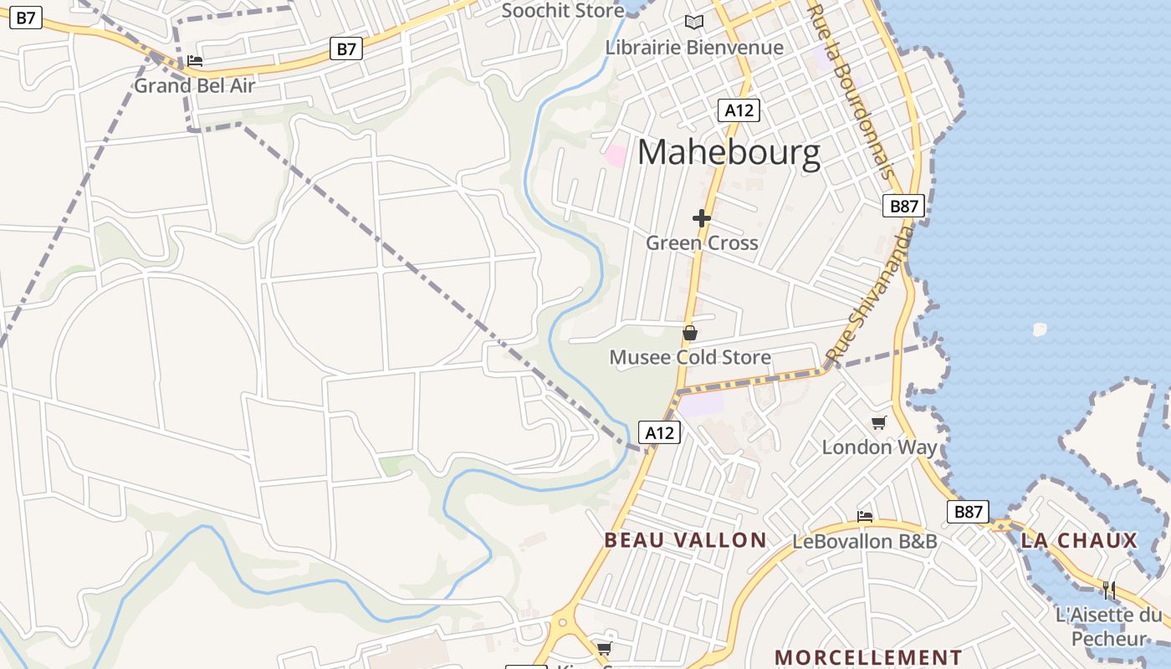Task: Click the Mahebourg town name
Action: [729, 154]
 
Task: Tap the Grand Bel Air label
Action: [194, 85]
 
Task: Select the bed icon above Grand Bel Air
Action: [195, 60]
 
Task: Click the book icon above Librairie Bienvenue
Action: [693, 23]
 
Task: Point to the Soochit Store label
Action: [562, 11]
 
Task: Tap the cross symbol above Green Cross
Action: [702, 218]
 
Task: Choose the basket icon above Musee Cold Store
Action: [690, 333]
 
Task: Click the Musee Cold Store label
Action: [690, 357]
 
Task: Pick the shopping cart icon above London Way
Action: [878, 422]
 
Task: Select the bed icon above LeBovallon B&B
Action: [865, 516]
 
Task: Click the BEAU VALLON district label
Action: [685, 540]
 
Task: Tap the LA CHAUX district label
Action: [1079, 540]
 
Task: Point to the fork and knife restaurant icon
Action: [1108, 590]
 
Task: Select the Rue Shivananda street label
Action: [870, 297]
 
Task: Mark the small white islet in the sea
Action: [1039, 329]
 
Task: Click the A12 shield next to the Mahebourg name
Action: [739, 110]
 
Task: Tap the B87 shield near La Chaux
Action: [968, 512]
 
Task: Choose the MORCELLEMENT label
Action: [868, 657]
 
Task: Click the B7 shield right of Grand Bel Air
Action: [346, 49]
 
